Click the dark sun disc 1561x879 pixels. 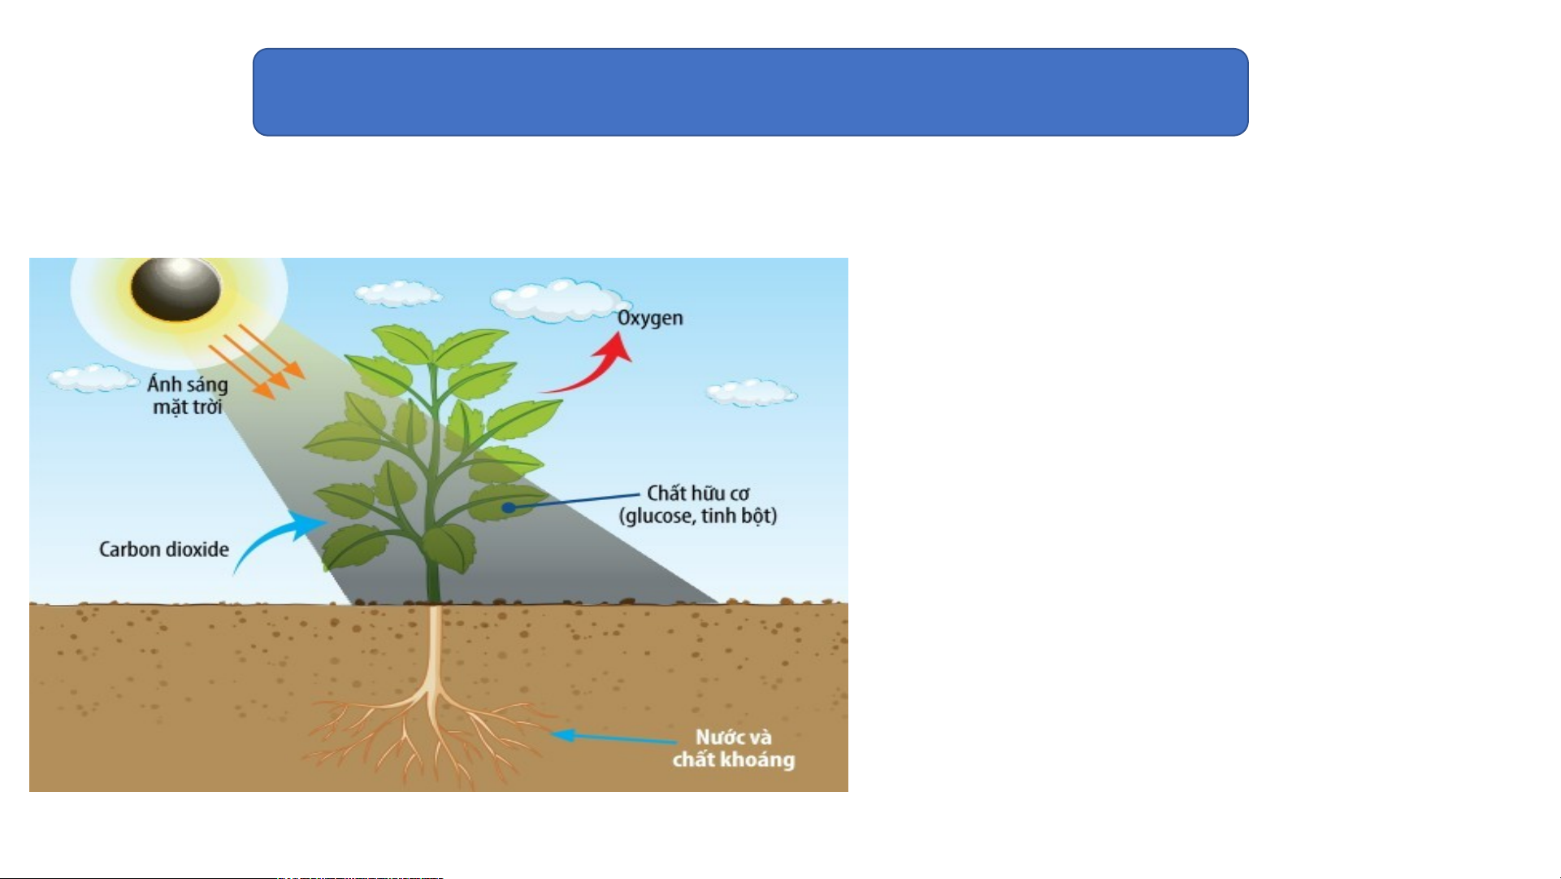[176, 289]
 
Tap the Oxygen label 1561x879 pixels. [650, 319]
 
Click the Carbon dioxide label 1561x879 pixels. [164, 550]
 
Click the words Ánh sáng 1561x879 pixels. [188, 383]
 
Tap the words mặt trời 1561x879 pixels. [188, 407]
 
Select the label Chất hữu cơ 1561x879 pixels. [698, 493]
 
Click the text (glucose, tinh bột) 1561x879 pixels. [698, 516]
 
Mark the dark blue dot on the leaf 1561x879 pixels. [508, 507]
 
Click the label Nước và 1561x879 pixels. [734, 738]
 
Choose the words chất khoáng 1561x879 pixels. [734, 759]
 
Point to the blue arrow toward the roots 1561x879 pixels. [614, 738]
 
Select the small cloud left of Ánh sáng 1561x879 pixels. [93, 378]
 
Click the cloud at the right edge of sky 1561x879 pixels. [752, 393]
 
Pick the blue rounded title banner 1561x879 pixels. [751, 92]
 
